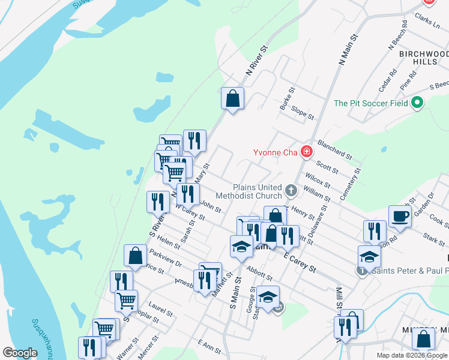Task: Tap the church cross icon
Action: point(291,191)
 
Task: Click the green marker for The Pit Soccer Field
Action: point(417,103)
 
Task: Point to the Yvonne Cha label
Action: point(278,152)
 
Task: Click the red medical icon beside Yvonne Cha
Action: point(307,152)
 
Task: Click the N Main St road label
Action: point(348,50)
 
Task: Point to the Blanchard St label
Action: point(334,150)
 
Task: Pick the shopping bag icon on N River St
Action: point(232,98)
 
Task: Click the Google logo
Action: point(20,353)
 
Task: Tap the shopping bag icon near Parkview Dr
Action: point(136,255)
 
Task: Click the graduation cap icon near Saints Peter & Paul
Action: point(369,257)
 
